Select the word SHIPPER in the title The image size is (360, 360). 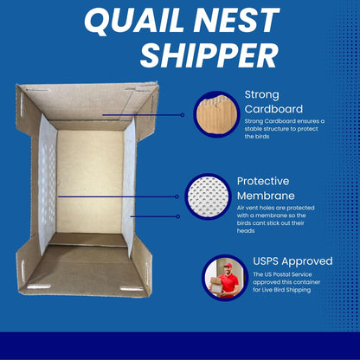(x=209, y=55)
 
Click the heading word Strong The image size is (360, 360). (x=264, y=93)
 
